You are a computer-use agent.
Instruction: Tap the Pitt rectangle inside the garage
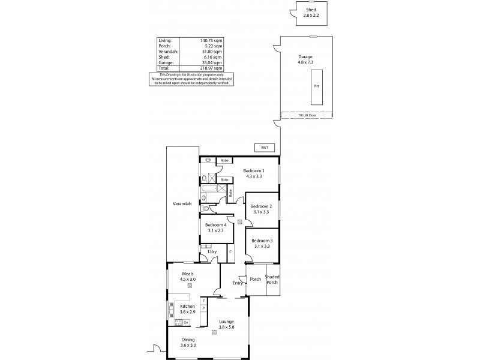(x=317, y=86)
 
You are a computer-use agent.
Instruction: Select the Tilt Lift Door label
(x=307, y=114)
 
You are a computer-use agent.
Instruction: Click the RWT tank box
(x=262, y=147)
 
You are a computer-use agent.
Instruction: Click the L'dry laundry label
(x=213, y=252)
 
